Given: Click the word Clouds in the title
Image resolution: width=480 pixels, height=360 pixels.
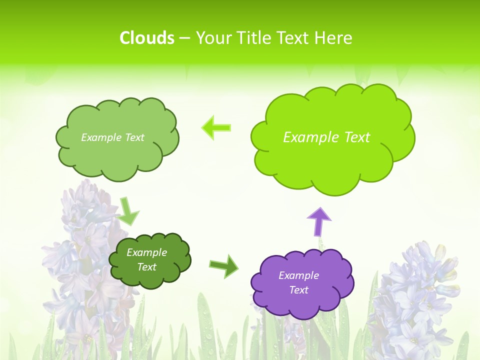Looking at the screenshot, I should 147,38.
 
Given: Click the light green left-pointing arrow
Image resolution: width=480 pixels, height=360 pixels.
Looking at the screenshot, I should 216,127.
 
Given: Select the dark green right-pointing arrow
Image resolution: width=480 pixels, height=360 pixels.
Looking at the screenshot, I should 224,265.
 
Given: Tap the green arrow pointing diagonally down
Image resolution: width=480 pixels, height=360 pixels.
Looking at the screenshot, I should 128,211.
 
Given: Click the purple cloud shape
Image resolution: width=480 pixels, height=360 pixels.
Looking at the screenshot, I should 302,283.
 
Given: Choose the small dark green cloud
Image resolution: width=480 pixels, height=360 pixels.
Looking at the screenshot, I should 149,260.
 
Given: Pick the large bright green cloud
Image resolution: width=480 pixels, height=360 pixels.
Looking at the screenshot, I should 332,138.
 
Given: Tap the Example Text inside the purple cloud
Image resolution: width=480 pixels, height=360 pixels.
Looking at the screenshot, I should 298,282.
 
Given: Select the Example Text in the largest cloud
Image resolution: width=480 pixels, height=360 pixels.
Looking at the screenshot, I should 326,137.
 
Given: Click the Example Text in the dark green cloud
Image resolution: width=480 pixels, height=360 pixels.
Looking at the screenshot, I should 147,259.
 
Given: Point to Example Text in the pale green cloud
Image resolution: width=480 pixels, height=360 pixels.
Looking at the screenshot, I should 112,137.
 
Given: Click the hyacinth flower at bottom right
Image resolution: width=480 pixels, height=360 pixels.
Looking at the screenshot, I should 415,300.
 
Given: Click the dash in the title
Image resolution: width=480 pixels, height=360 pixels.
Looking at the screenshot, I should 185,38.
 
